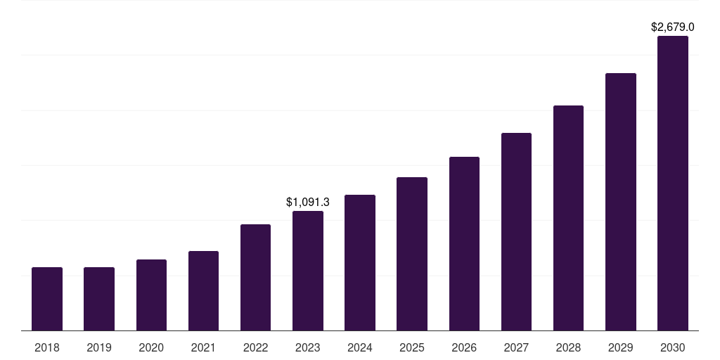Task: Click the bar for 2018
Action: [47, 299]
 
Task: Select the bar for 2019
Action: [99, 299]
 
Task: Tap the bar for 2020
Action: [151, 295]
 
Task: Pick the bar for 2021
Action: [203, 291]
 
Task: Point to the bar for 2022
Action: [255, 278]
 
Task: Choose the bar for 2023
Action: [308, 271]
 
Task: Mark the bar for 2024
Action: [360, 263]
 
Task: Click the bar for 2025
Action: [412, 254]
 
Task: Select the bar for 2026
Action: [464, 244]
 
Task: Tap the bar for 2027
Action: [516, 232]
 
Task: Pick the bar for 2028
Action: [568, 218]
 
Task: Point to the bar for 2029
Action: [621, 202]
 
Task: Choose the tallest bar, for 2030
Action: [673, 184]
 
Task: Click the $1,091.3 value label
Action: [308, 202]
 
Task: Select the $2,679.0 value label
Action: [673, 27]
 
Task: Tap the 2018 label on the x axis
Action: [47, 347]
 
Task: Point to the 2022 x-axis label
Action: [255, 347]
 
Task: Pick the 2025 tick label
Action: [412, 347]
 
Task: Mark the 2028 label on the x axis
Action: [568, 347]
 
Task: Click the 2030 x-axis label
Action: [673, 347]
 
